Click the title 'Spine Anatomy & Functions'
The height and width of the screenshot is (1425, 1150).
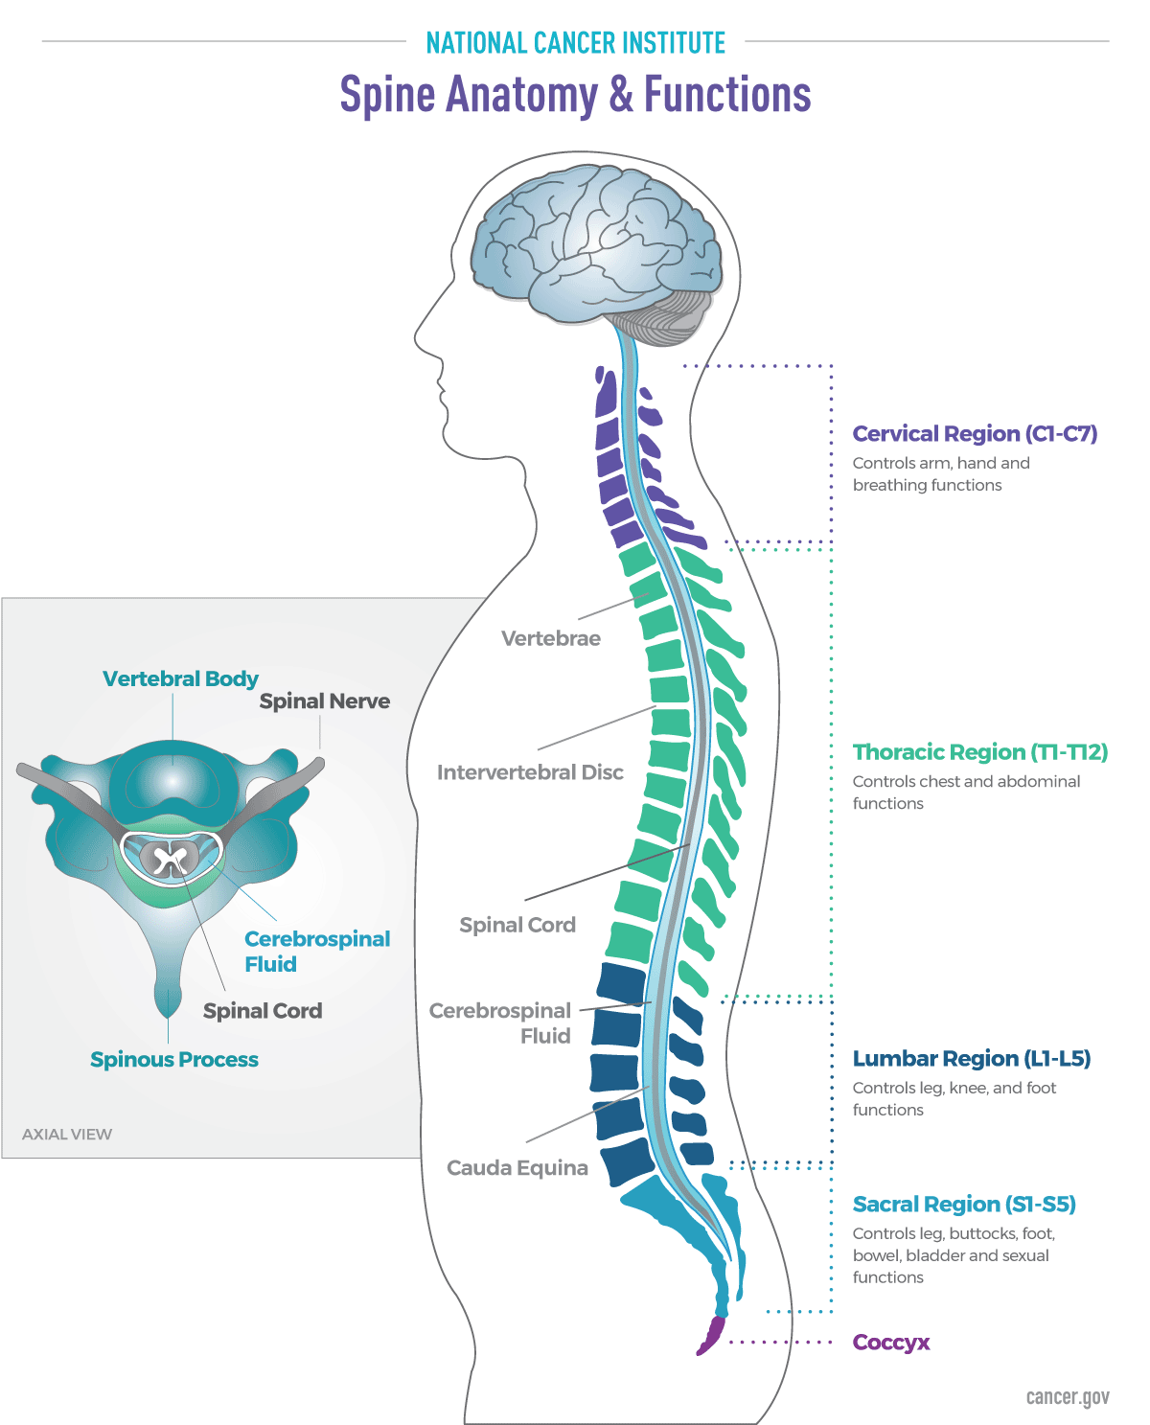[x=575, y=95]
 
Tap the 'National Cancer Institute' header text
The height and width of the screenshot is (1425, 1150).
[x=575, y=43]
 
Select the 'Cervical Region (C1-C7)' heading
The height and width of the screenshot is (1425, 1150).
[x=975, y=434]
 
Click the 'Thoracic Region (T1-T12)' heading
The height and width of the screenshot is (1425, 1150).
[x=980, y=752]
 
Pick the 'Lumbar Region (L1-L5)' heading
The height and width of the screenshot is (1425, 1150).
[x=972, y=1059]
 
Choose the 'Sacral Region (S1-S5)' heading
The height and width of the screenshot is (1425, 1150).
[x=964, y=1205]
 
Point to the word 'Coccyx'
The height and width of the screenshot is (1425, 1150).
[x=891, y=1343]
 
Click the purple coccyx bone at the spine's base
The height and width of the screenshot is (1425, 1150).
[x=711, y=1335]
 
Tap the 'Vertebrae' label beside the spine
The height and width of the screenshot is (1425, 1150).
[x=551, y=639]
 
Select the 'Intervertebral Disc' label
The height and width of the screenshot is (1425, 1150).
[x=530, y=772]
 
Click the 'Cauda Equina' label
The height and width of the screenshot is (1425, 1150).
[x=517, y=1168]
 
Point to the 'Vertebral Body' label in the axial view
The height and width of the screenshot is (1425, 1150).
[x=180, y=679]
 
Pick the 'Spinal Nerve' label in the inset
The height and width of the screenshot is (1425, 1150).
[x=325, y=701]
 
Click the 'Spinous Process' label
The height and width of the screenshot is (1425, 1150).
[x=174, y=1060]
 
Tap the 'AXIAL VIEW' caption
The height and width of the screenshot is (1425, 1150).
[x=67, y=1135]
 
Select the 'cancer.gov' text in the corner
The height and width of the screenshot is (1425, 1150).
[x=1068, y=1397]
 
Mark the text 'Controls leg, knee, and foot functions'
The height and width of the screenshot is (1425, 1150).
[x=954, y=1099]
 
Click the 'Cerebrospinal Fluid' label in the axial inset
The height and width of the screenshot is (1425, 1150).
[x=316, y=952]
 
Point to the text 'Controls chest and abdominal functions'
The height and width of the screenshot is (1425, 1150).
[x=966, y=793]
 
